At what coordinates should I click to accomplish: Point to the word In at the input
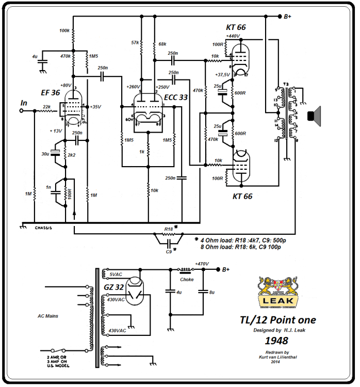point(24,103)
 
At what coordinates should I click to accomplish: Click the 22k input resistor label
point(46,107)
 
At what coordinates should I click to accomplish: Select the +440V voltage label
point(233,36)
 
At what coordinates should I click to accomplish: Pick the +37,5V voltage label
point(222,75)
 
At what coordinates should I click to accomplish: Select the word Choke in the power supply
point(187,280)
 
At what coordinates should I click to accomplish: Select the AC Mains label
point(49,316)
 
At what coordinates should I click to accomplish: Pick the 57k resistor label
point(135,42)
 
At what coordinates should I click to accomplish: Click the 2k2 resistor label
point(71,154)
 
